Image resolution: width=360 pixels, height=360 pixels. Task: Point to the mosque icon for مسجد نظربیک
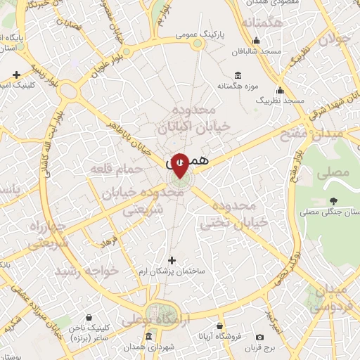pos(280,90)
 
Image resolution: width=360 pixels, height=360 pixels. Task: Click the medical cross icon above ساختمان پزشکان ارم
pos(172,260)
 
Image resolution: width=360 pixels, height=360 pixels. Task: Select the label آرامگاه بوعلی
pos(156,320)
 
